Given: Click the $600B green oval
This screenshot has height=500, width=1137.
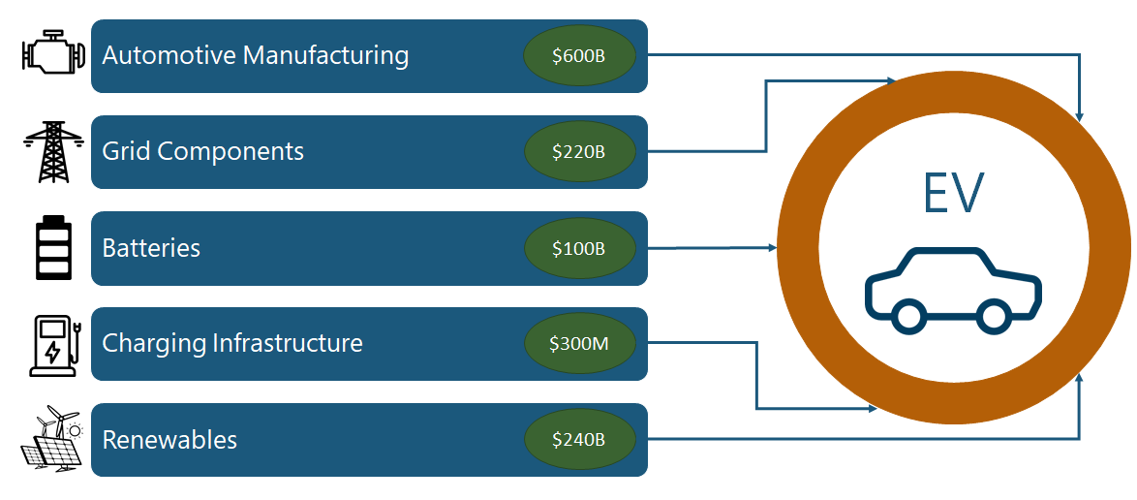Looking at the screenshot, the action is tap(579, 56).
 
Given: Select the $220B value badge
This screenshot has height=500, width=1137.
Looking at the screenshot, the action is tap(579, 152).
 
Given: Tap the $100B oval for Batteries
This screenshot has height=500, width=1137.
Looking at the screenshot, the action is tap(579, 248).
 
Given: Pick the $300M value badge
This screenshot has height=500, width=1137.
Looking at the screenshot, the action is tap(579, 344).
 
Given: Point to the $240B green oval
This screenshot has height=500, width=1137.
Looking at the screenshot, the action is tap(579, 440).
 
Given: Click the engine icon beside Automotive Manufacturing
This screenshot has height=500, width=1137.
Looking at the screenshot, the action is tap(54, 52).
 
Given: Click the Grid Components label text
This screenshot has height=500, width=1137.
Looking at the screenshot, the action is tap(203, 152).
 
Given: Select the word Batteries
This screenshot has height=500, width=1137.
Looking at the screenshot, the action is tap(151, 248).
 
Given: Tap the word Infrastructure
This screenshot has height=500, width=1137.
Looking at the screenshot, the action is tap(287, 342).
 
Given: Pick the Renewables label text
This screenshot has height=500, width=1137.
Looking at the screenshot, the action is tap(169, 440).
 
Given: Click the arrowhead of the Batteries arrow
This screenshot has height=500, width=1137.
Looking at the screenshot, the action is tap(773, 247).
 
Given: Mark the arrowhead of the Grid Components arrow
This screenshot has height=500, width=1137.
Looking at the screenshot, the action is tap(893, 81).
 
